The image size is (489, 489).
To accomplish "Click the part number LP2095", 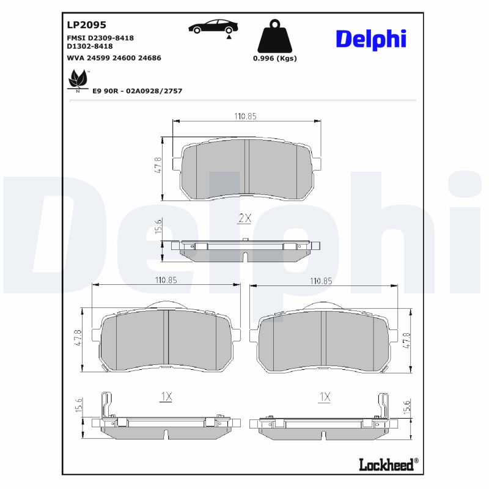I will tap(86, 25).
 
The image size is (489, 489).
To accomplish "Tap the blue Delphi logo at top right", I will tap(370, 39).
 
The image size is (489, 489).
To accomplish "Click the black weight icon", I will tap(274, 37).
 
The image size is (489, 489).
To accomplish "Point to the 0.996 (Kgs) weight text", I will tap(274, 59).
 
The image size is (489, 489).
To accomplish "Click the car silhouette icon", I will tap(213, 27).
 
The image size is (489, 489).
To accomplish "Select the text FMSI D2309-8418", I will tap(100, 38).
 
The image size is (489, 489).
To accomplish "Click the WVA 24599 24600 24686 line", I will tap(113, 57).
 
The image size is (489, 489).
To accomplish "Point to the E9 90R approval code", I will tap(137, 90).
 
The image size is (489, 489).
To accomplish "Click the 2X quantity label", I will tap(244, 218).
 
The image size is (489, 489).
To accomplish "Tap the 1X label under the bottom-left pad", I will tap(166, 397).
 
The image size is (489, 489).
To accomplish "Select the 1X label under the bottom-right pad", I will tap(325, 397).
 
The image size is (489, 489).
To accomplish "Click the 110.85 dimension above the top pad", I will tap(246, 116).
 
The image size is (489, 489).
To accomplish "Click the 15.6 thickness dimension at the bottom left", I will tap(78, 404).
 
